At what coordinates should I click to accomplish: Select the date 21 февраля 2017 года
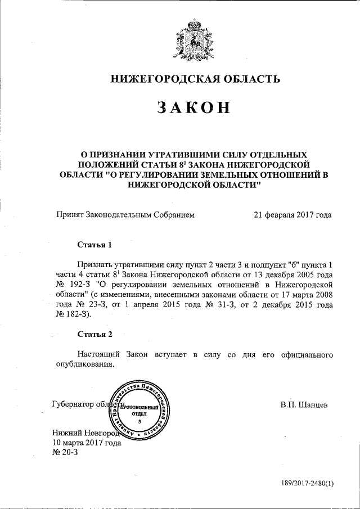292,214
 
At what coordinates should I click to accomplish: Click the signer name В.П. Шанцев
304,404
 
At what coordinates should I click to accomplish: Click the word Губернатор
72,404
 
